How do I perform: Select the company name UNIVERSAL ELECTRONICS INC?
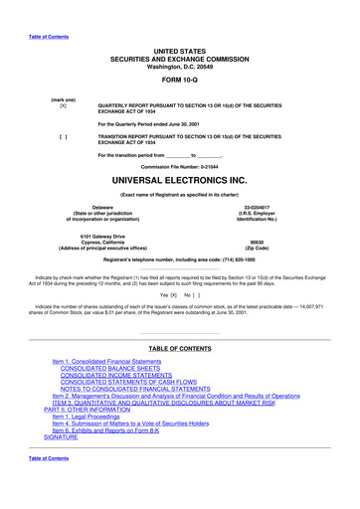[180, 183]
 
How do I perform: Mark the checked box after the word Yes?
[172, 295]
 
